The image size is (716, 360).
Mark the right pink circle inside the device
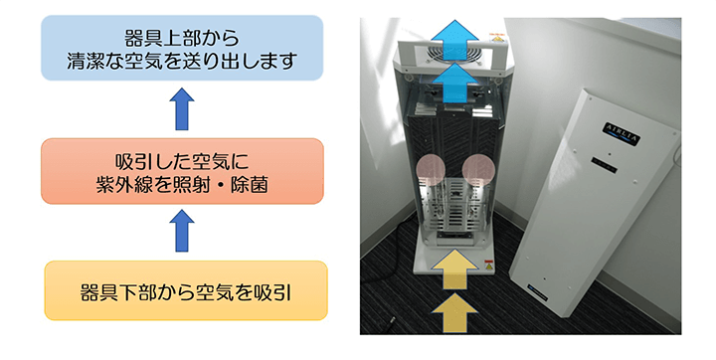coord(481,172)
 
